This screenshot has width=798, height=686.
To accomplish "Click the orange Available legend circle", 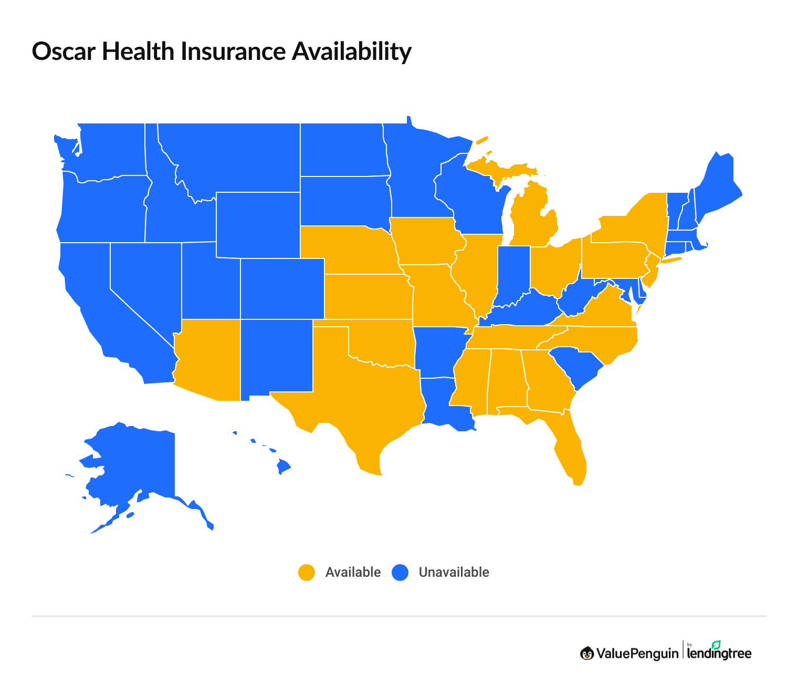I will tap(307, 573).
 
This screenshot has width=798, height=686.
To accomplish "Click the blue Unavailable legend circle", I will tap(400, 573).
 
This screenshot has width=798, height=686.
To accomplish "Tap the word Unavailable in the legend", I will tap(454, 573).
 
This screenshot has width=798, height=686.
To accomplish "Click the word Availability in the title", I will tap(351, 51).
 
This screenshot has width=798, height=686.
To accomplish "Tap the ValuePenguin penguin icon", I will tap(587, 653).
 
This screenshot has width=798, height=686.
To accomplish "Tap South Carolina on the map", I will tap(575, 368).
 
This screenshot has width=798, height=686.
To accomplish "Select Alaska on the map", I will tap(131, 462).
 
